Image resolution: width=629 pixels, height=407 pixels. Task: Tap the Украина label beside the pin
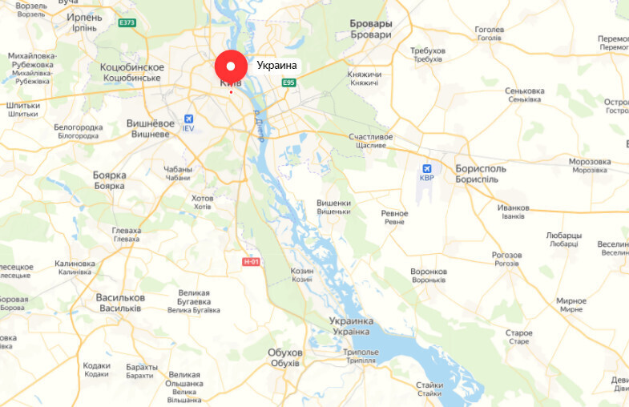pos(276,66)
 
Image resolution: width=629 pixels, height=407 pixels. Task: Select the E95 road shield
pos(289,83)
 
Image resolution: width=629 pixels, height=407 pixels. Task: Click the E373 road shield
pos(127,22)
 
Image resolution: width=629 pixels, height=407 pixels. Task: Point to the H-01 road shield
pos(252,261)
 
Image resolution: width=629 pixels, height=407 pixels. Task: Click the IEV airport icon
pos(188,117)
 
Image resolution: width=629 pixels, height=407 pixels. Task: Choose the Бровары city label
pos(371,24)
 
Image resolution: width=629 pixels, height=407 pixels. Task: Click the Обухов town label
pos(286,353)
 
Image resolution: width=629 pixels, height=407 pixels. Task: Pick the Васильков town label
pos(119,297)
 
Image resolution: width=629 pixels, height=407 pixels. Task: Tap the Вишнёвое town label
pos(151,123)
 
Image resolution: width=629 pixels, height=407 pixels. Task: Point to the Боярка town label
pos(110,175)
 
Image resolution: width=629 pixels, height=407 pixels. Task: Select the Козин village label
pos(302,272)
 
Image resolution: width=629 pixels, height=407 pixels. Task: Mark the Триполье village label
pos(360,353)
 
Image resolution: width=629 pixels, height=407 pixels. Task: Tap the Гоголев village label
pos(490,30)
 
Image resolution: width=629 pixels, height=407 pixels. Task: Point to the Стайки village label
pos(429,385)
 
